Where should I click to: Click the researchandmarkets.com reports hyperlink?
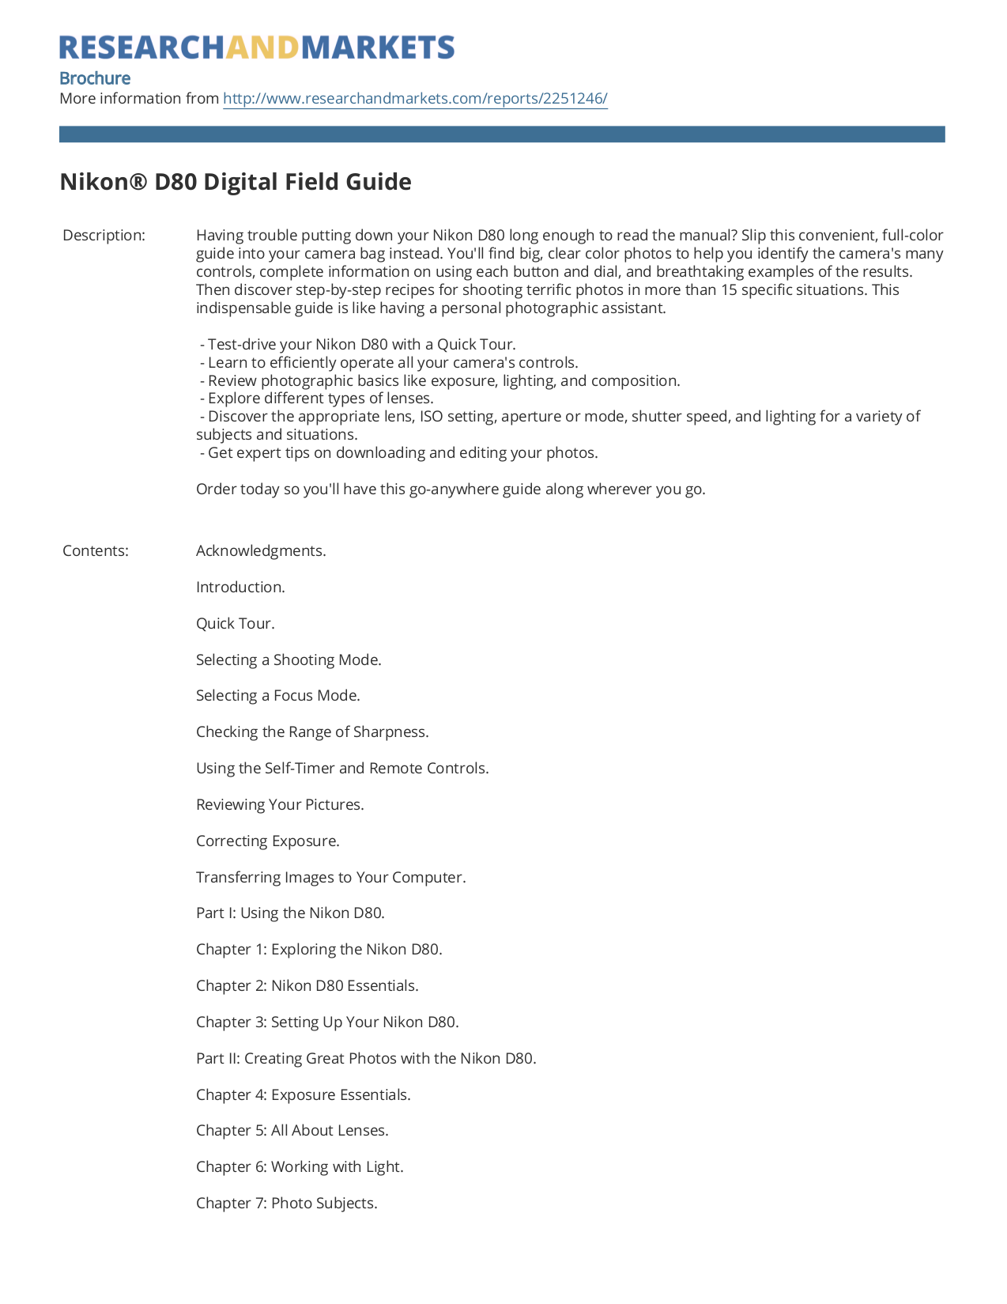pyautogui.click(x=415, y=99)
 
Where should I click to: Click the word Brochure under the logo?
pyautogui.click(x=95, y=78)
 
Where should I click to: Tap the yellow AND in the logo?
pyautogui.click(x=262, y=47)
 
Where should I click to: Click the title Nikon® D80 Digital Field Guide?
pyautogui.click(x=236, y=182)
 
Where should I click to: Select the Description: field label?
pyautogui.click(x=104, y=236)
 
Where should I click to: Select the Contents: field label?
pyautogui.click(x=96, y=551)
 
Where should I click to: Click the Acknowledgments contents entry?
pyautogui.click(x=261, y=551)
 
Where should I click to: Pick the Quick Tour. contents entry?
pyautogui.click(x=236, y=624)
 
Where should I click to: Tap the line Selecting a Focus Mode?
pyautogui.click(x=278, y=696)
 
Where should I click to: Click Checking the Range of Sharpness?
pyautogui.click(x=312, y=732)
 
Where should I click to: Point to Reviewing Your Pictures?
pyautogui.click(x=280, y=805)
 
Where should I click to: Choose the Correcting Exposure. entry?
pyautogui.click(x=268, y=841)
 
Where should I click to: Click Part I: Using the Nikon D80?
pyautogui.click(x=290, y=913)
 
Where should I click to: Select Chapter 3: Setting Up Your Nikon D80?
pyautogui.click(x=327, y=1022)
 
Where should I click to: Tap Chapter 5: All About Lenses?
pyautogui.click(x=292, y=1131)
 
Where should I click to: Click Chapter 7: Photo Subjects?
pyautogui.click(x=287, y=1204)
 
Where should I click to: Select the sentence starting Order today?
pyautogui.click(x=451, y=489)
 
